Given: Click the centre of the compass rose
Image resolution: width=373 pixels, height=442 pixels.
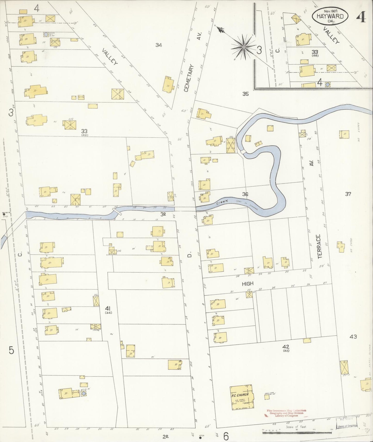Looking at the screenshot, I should pyautogui.click(x=243, y=47).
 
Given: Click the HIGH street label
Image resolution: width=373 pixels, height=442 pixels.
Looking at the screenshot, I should pyautogui.click(x=248, y=284).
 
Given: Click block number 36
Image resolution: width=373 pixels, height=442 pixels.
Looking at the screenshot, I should pyautogui.click(x=245, y=194).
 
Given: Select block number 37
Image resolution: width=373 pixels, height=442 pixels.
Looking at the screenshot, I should pyautogui.click(x=348, y=194).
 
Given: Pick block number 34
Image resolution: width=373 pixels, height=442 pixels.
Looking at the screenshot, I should pyautogui.click(x=158, y=45).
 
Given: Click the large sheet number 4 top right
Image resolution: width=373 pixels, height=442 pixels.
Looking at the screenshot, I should pyautogui.click(x=361, y=17).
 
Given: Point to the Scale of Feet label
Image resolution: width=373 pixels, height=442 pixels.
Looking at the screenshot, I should pyautogui.click(x=296, y=427).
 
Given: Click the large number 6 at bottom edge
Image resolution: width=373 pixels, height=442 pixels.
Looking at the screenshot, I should pyautogui.click(x=226, y=436).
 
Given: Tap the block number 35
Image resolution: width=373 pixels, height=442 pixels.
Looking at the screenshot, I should pyautogui.click(x=245, y=94).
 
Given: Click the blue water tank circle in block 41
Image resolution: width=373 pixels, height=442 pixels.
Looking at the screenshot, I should pyautogui.click(x=84, y=394).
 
